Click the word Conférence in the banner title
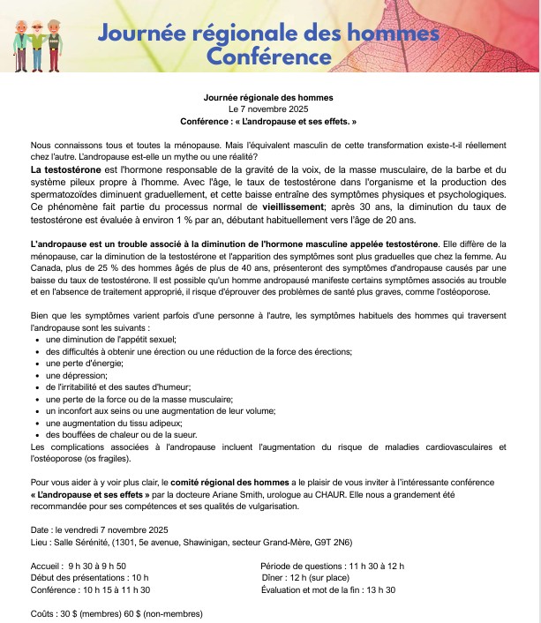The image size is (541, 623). pos(268,56)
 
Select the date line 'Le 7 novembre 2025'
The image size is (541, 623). pos(268,108)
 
